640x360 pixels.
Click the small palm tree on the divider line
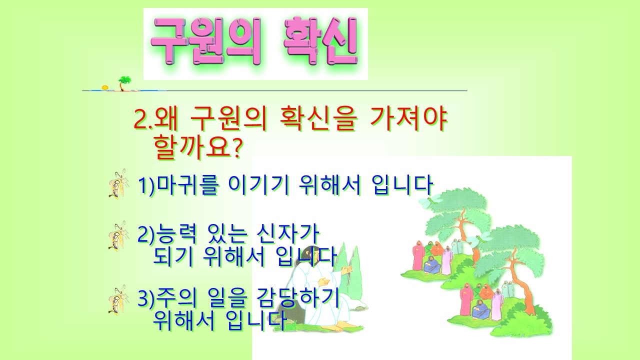[125, 83]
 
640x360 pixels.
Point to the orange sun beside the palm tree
[105, 88]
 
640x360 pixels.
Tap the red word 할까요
[192, 146]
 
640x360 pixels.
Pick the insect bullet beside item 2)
[117, 236]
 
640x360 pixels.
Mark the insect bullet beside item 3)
[117, 299]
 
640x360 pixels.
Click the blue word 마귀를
[188, 185]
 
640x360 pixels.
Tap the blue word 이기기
[259, 185]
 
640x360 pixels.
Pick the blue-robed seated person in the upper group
[431, 265]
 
